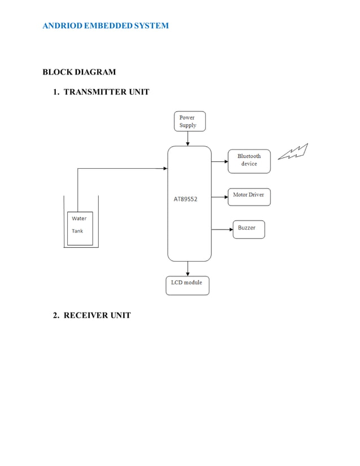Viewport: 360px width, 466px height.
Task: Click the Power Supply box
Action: coord(190,121)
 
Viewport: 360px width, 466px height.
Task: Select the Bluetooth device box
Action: coord(249,160)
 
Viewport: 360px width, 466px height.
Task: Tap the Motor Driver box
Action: coord(249,196)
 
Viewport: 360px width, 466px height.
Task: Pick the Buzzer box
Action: coord(248,228)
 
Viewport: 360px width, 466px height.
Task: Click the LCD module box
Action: coord(187,285)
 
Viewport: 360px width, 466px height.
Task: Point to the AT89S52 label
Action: coord(185,199)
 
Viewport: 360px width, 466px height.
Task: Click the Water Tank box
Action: coord(80,228)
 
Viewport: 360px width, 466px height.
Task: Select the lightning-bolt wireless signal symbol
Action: coord(293,152)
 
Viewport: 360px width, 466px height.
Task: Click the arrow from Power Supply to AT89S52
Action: coord(188,139)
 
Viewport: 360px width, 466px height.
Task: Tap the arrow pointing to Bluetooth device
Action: coord(219,160)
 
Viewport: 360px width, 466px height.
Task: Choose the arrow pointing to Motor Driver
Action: coord(219,197)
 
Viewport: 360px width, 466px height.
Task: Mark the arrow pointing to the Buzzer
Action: coord(222,229)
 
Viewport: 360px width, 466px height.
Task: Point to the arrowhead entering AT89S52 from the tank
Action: coord(165,168)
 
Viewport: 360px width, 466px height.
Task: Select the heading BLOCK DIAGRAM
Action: coord(79,72)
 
